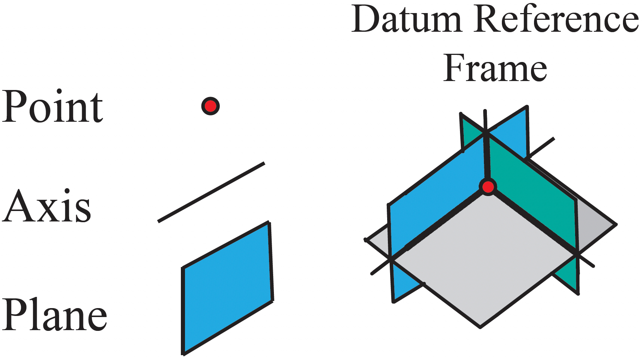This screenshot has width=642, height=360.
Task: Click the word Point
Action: coord(52,107)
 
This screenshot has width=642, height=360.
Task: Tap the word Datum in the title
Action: coord(407,19)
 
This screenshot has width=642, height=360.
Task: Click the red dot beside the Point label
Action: coord(210,106)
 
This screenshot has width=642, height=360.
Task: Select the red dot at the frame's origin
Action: coord(488,187)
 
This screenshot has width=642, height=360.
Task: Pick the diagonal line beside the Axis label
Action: coord(211,192)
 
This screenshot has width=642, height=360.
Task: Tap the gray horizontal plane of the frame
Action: coord(482,261)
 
